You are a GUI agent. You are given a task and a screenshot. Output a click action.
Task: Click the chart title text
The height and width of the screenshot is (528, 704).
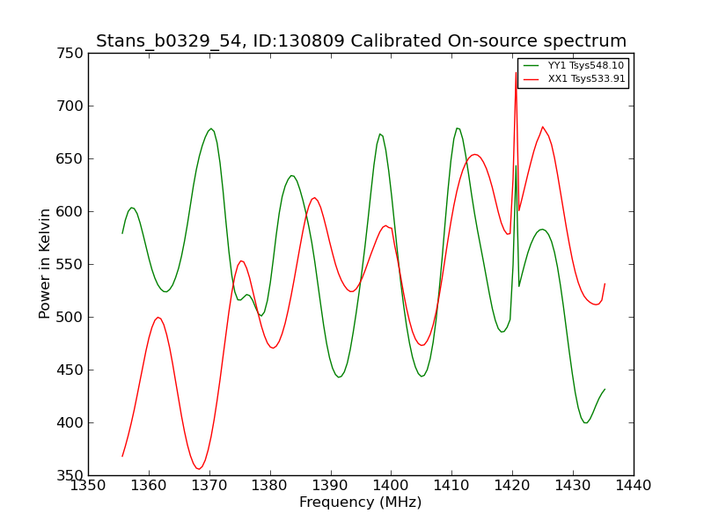coord(361,40)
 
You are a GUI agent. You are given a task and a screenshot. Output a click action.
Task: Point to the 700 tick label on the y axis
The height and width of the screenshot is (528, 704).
coord(70,106)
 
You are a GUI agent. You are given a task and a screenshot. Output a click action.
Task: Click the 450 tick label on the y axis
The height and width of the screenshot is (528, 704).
coord(70,370)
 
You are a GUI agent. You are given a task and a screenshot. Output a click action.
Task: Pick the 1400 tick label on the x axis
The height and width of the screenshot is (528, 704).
coord(391,486)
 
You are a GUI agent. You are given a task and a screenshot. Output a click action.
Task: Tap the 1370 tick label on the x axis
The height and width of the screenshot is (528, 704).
coord(209,486)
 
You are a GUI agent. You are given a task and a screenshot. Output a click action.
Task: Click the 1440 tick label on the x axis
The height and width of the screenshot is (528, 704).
coord(634,486)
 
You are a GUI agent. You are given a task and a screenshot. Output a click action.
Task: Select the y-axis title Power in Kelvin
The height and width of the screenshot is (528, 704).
coord(44,264)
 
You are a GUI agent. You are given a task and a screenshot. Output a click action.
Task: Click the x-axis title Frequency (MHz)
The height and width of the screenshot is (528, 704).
coord(361,502)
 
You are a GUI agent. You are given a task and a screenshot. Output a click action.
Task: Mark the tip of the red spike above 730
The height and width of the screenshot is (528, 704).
coord(516,73)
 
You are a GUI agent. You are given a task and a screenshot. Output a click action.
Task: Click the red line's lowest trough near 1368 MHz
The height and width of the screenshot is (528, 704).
coord(198,469)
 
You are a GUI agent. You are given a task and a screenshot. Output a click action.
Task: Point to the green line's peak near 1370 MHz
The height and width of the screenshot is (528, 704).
coord(210,128)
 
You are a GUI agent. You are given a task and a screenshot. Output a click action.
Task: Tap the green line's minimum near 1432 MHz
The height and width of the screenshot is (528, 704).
coord(586,422)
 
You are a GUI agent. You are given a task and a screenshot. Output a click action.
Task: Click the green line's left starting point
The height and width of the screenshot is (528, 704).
coord(122,233)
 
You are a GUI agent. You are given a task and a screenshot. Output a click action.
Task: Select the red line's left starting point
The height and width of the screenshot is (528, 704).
coord(122,456)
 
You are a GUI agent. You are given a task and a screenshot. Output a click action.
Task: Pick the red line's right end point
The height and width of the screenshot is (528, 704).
coord(605,283)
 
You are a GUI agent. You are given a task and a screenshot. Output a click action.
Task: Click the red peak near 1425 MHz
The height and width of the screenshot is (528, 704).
coord(543,127)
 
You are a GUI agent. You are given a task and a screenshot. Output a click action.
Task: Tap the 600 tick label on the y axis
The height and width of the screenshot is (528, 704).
coord(70,211)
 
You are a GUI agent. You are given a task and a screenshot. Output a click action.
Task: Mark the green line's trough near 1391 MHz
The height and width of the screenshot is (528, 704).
coord(340,378)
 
